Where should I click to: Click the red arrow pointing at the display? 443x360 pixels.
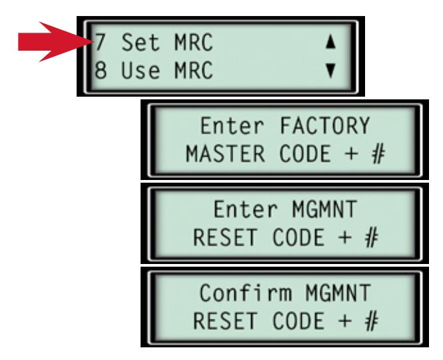pos(55,41)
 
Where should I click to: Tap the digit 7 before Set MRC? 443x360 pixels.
pos(100,42)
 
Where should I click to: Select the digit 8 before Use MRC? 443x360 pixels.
pos(101,70)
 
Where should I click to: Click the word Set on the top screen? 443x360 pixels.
pos(141,42)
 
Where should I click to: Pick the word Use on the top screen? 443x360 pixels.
pos(141,70)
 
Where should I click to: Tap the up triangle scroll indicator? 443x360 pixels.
pos(330,43)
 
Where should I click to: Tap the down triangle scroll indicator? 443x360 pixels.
pos(330,70)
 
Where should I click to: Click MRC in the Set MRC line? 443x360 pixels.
pos(194,42)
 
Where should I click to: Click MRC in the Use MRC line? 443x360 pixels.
pos(194,70)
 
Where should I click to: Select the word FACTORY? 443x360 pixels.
pos(325,125)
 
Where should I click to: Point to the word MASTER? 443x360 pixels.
pos(225,153)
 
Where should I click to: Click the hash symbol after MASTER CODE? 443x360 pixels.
pos(378,154)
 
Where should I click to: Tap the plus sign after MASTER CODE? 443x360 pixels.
pos(352,154)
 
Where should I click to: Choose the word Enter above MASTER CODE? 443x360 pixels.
pos(232,125)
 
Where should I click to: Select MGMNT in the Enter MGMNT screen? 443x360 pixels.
pos(324,209)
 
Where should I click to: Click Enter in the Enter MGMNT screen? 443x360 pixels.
pos(246,209)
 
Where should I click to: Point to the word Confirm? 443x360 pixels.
pos(246,293)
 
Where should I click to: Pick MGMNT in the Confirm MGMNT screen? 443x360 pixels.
pos(338,293)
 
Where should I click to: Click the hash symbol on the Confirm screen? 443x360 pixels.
pos(371,321)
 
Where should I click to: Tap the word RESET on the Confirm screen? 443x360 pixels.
pos(225,320)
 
